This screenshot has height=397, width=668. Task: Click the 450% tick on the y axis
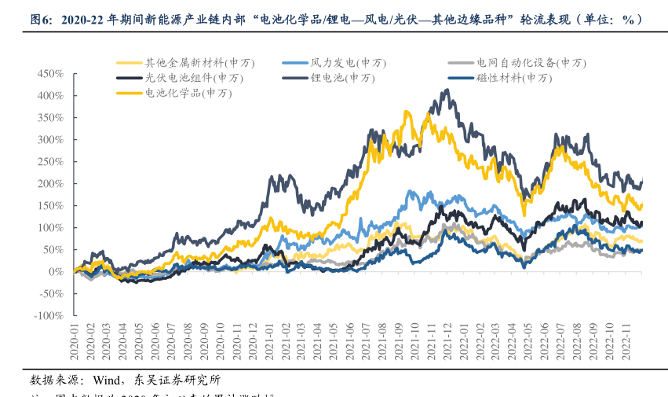pyautogui.click(x=49, y=73)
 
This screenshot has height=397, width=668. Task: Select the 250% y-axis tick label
pyautogui.click(x=49, y=161)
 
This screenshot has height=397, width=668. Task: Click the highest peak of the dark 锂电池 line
pyautogui.click(x=447, y=90)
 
